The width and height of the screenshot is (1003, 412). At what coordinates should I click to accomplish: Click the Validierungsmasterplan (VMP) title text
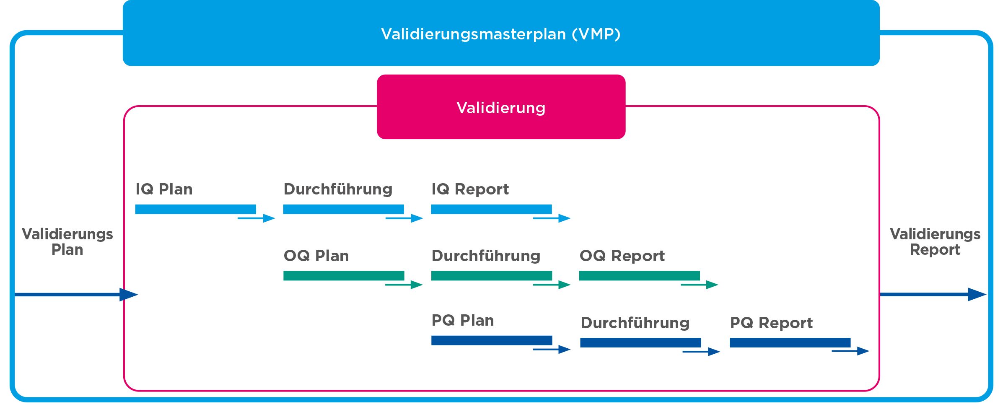tap(501, 34)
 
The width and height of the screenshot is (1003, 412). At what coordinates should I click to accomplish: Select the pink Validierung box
tap(501, 107)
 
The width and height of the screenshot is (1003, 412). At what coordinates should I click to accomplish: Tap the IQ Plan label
tap(164, 189)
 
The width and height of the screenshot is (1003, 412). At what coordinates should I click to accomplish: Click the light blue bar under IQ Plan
tap(195, 209)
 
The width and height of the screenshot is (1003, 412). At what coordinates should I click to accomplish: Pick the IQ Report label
tap(470, 189)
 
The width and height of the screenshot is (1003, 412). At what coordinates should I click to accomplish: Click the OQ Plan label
tap(316, 256)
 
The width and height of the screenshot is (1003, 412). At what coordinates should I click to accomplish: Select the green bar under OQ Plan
tap(344, 275)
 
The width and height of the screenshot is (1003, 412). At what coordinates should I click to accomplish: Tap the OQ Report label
tap(622, 256)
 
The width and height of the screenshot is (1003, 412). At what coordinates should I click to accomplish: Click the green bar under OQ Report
tap(639, 275)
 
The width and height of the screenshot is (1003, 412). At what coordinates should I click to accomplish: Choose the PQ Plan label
tap(463, 320)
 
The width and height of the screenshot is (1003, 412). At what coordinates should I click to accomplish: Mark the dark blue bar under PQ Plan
tap(491, 340)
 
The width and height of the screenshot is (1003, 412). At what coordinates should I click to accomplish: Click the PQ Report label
tap(771, 323)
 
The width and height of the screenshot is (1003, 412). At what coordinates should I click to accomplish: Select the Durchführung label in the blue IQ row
tap(338, 189)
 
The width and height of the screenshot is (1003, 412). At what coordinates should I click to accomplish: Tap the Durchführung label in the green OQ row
tap(486, 256)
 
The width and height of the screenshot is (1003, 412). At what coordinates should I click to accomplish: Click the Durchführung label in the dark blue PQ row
tap(635, 323)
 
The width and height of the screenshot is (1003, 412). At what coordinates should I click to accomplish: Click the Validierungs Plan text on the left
tap(67, 241)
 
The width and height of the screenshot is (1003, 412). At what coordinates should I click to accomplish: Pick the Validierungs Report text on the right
tap(935, 241)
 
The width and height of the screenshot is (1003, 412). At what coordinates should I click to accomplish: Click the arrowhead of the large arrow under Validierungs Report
tap(977, 294)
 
